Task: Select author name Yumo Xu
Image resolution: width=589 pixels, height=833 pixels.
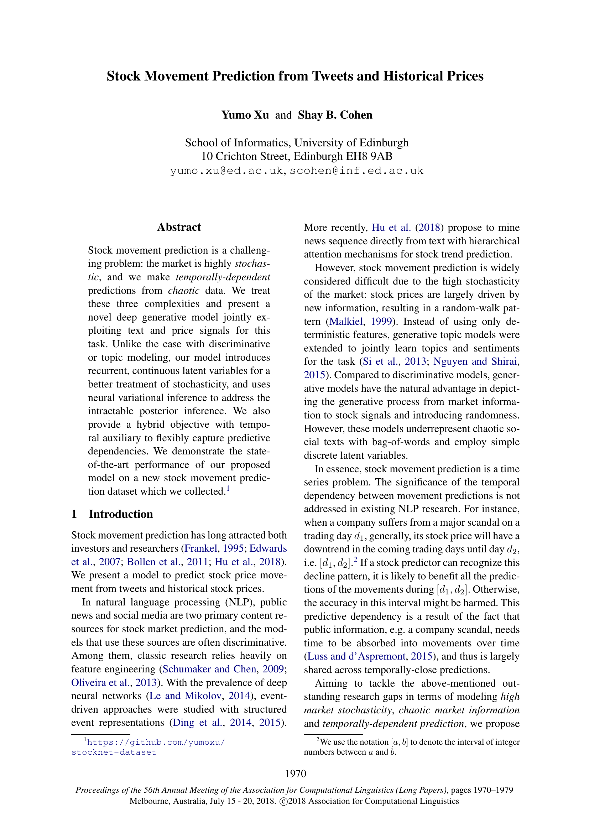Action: (245, 115)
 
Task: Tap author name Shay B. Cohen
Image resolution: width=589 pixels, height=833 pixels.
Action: (335, 115)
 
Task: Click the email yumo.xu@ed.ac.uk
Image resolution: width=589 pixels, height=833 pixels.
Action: (226, 171)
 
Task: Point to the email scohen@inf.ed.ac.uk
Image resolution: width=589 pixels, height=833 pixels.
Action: (356, 171)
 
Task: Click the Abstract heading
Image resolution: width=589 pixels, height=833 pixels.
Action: (179, 227)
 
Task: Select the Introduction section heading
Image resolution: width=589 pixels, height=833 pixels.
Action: (121, 514)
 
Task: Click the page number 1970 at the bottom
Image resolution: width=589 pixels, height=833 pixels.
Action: (296, 774)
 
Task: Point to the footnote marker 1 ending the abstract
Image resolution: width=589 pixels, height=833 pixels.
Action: (228, 488)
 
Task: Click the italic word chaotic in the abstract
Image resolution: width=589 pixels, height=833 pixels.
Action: (183, 291)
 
